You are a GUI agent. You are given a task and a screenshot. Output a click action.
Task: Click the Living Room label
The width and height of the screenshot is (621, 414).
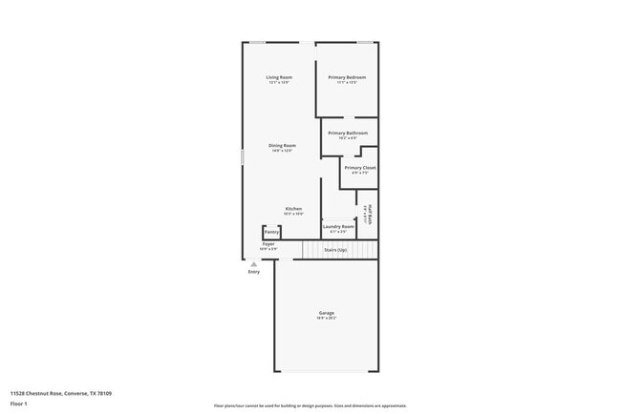pyautogui.click(x=279, y=77)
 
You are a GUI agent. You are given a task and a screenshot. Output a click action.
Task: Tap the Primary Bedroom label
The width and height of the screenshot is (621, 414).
pyautogui.click(x=347, y=77)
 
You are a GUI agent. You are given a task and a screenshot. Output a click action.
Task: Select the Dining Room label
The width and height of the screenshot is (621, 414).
pyautogui.click(x=282, y=146)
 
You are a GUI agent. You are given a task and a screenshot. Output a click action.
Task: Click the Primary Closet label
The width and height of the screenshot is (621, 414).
pyautogui.click(x=360, y=168)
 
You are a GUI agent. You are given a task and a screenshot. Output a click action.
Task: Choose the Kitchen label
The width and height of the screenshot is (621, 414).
pyautogui.click(x=293, y=209)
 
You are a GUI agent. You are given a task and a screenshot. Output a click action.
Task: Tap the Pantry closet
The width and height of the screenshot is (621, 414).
pyautogui.click(x=271, y=232)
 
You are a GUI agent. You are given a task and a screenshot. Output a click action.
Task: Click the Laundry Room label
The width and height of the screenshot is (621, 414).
pyautogui.click(x=338, y=227)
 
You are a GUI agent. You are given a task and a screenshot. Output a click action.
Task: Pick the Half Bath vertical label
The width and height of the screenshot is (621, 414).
pyautogui.click(x=370, y=215)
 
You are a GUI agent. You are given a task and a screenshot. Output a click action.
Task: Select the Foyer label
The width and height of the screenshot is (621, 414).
pyautogui.click(x=268, y=244)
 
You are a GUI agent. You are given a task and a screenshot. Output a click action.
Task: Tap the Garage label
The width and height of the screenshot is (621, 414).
pyautogui.click(x=327, y=312)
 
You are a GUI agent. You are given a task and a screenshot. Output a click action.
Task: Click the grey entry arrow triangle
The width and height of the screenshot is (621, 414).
pyautogui.click(x=253, y=264)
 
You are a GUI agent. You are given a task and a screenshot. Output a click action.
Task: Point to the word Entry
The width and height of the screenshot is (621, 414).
pyautogui.click(x=253, y=272)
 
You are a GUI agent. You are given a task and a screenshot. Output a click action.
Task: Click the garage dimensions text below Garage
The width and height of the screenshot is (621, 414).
pyautogui.click(x=327, y=318)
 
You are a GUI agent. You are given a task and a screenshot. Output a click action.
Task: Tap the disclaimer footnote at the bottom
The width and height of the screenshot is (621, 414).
pyautogui.click(x=310, y=406)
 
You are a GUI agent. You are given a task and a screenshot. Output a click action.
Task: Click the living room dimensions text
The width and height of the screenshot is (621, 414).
pyautogui.click(x=279, y=83)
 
